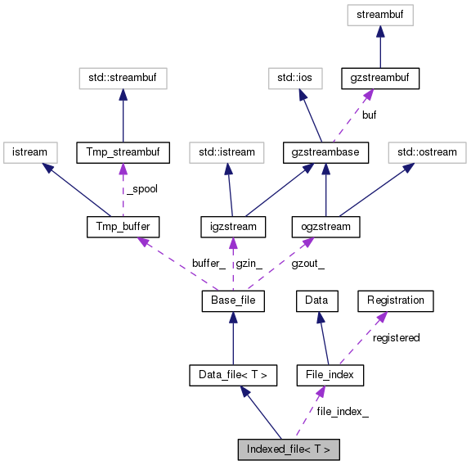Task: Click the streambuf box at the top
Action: [379, 14]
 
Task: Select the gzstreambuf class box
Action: [379, 79]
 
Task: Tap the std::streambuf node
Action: [122, 79]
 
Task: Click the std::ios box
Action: [295, 79]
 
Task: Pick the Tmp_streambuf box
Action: [122, 151]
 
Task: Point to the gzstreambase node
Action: [325, 151]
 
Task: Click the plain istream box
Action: [30, 151]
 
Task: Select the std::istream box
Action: [227, 151]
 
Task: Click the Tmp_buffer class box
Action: [122, 226]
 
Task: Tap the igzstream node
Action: [233, 226]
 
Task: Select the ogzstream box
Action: [325, 226]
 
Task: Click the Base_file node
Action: [233, 301]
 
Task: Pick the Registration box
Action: [396, 300]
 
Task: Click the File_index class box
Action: [329, 375]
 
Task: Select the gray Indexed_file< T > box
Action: [288, 449]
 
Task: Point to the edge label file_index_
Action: [343, 412]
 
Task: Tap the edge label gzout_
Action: [308, 263]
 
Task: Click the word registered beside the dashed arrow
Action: [396, 337]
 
